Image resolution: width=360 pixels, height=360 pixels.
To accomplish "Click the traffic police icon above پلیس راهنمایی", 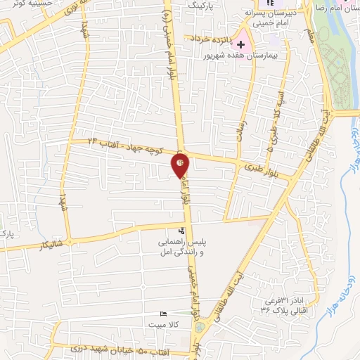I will [x=181, y=230].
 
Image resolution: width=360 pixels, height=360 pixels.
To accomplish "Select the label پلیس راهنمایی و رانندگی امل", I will [x=184, y=245].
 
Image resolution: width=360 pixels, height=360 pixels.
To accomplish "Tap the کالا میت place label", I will [x=163, y=324].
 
